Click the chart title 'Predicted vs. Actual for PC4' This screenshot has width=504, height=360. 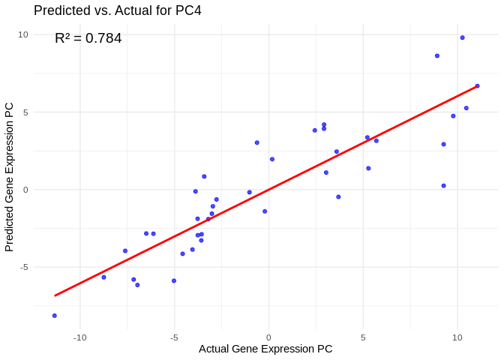(x=118, y=10)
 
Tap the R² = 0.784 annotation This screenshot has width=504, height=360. (x=88, y=38)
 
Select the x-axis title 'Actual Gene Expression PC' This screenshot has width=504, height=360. (x=265, y=349)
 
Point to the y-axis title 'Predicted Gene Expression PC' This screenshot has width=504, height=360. (x=10, y=177)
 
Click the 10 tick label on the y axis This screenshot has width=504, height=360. (x=23, y=34)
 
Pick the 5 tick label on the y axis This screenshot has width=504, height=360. (x=25, y=112)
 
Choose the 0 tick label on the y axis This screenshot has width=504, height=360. (x=25, y=190)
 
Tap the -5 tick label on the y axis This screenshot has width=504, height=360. (x=24, y=267)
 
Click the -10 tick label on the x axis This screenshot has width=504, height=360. (x=80, y=337)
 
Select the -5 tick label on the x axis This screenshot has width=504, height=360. (x=174, y=337)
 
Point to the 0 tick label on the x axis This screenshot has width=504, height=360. (x=268, y=337)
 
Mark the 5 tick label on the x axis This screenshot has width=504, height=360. (x=363, y=337)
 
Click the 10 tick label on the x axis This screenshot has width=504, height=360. (x=457, y=337)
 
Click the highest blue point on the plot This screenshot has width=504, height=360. (x=462, y=37)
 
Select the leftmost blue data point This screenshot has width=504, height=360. (x=54, y=316)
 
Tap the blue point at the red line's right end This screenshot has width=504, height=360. (x=477, y=85)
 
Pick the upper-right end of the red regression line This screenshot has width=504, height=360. (x=477, y=86)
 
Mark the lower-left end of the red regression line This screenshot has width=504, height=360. (x=55, y=295)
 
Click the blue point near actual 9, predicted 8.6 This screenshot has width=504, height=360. (x=437, y=55)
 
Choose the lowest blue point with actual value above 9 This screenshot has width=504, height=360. (x=443, y=186)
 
